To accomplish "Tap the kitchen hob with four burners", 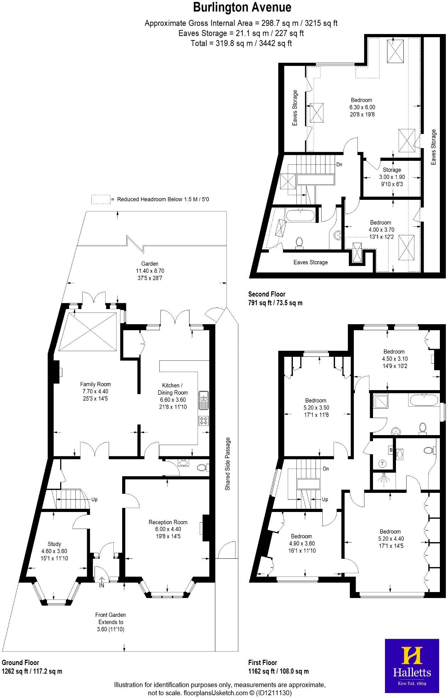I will [204, 421].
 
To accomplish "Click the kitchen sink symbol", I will [204, 400].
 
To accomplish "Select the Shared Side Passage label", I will [228, 464].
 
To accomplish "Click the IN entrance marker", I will [102, 585].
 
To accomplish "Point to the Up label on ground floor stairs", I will [94, 500].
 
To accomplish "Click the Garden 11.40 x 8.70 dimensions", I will [150, 271].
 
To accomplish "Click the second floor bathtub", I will [300, 215].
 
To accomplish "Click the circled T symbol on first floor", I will [382, 463].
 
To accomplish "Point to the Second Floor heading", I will [266, 294].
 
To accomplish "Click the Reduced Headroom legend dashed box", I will [101, 199].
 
